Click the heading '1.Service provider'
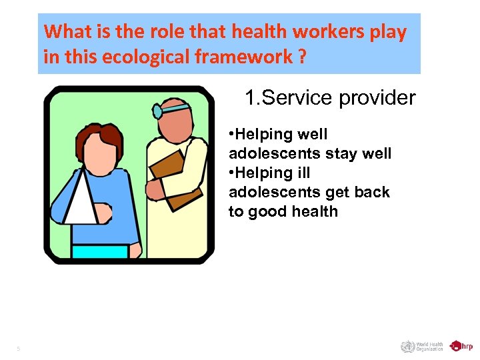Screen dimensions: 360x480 click(x=329, y=99)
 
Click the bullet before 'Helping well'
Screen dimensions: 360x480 click(x=231, y=135)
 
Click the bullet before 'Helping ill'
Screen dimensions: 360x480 click(x=231, y=173)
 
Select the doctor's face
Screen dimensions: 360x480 click(x=176, y=123)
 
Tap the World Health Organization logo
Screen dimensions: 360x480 click(x=422, y=346)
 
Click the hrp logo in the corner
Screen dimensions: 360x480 click(x=461, y=346)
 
